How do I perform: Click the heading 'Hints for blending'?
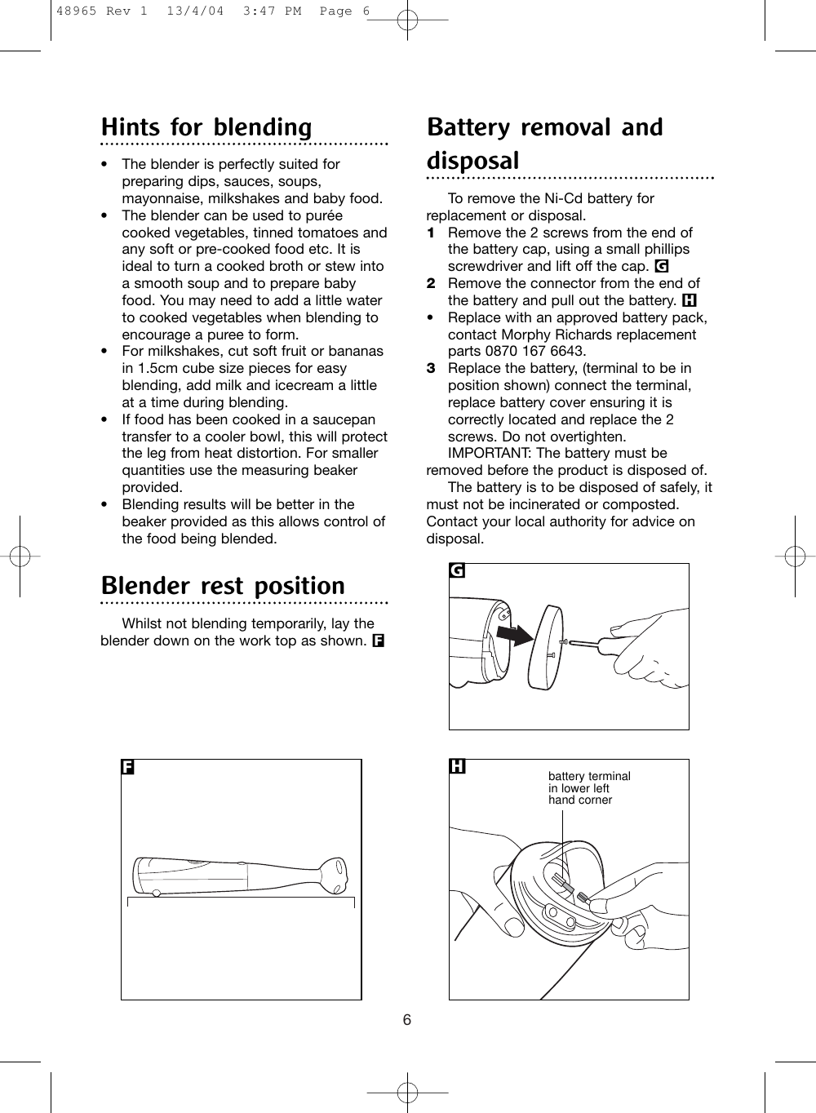206,128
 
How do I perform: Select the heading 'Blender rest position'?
223,587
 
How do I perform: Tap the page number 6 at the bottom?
407,1021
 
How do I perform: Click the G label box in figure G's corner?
458,571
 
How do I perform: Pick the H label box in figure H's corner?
458,767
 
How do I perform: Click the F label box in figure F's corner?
128,767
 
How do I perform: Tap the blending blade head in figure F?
336,875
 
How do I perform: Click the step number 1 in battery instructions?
431,233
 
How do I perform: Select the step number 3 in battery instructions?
431,369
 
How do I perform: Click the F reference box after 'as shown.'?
379,641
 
